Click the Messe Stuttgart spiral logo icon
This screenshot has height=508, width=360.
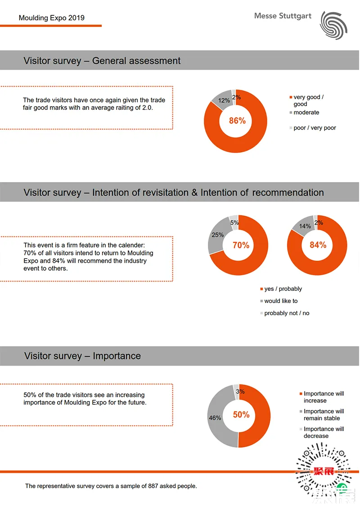[333, 24]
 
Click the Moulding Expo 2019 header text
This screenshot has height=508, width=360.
[51, 18]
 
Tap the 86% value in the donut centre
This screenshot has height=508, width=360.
[237, 120]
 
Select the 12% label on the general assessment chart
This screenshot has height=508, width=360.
[224, 101]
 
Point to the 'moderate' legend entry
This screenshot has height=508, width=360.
[306, 112]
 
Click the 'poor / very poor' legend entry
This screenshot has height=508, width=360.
[315, 128]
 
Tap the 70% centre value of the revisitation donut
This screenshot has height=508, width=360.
[241, 245]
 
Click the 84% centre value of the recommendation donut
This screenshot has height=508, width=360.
[318, 245]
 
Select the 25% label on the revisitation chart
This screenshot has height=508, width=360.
[218, 235]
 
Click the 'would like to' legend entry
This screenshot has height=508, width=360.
[281, 301]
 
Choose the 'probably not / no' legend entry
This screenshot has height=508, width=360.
[287, 313]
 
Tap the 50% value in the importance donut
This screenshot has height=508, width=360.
[241, 414]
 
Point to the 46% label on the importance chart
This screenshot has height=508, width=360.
[215, 418]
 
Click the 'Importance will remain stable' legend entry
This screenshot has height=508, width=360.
[324, 414]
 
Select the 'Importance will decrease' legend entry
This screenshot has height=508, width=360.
[324, 432]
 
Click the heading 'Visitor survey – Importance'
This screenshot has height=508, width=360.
[82, 356]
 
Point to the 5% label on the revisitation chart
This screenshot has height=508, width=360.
[234, 222]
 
